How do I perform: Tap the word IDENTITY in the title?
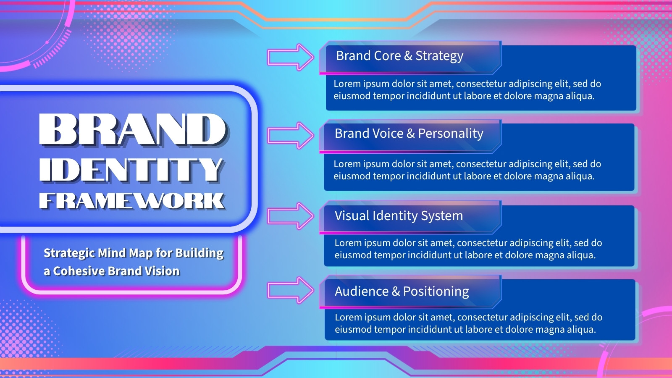(131, 170)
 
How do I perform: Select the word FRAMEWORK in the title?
(132, 201)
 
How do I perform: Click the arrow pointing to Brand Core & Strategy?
(291, 57)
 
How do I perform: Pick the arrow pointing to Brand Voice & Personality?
(291, 135)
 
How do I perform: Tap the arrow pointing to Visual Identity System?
(291, 216)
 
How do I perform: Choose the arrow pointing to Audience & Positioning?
(291, 290)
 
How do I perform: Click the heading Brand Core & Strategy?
(399, 56)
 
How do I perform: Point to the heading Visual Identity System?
(399, 216)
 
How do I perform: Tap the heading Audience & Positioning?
(402, 291)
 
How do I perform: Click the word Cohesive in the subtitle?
(79, 271)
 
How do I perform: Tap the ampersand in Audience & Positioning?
(396, 291)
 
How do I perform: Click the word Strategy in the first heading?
(439, 56)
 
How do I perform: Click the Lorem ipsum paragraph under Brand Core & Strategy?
(467, 90)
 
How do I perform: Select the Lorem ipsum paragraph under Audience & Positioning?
(469, 323)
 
